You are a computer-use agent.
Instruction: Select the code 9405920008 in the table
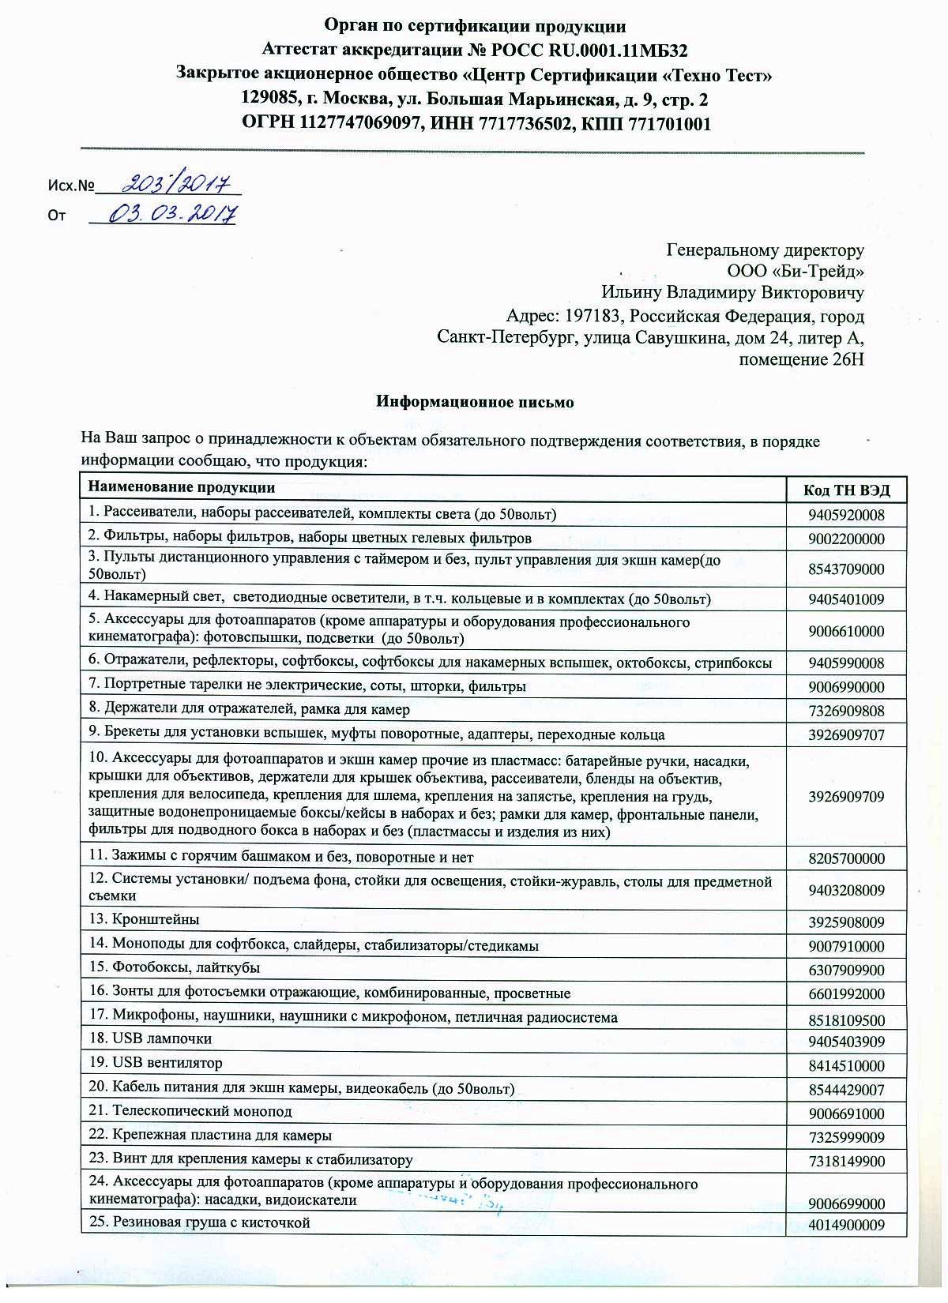846,516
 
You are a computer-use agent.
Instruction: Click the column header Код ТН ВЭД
846,490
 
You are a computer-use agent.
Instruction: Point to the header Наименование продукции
181,488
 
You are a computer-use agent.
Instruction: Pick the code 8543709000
846,569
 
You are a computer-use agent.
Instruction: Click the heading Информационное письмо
474,402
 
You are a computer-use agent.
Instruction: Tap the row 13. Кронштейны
144,920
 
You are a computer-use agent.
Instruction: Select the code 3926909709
846,797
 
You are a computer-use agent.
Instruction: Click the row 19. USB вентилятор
156,1063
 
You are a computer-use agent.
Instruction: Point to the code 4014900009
846,1226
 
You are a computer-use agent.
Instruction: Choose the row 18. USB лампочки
150,1038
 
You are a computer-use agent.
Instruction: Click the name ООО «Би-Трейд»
796,272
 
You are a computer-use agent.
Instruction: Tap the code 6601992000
846,994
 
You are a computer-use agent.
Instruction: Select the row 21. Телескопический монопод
190,1112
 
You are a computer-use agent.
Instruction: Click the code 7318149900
846,1162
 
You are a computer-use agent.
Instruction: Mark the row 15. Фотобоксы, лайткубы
175,967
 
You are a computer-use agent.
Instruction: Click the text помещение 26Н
801,360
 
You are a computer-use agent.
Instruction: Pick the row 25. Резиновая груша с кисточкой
199,1223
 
